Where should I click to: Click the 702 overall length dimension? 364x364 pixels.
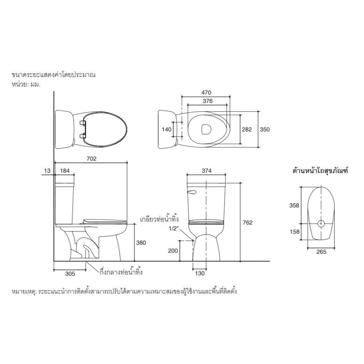(91, 159)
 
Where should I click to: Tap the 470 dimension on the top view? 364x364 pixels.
(206, 93)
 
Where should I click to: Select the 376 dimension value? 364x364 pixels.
(208, 101)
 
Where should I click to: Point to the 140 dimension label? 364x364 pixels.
(166, 130)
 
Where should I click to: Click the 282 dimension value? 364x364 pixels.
(247, 130)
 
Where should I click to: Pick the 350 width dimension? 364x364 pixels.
(265, 130)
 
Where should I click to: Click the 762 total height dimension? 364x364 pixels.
(247, 223)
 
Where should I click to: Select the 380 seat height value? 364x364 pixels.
(141, 243)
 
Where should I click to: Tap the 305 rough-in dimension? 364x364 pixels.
(70, 274)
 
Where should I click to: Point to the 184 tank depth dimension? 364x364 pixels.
(65, 171)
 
